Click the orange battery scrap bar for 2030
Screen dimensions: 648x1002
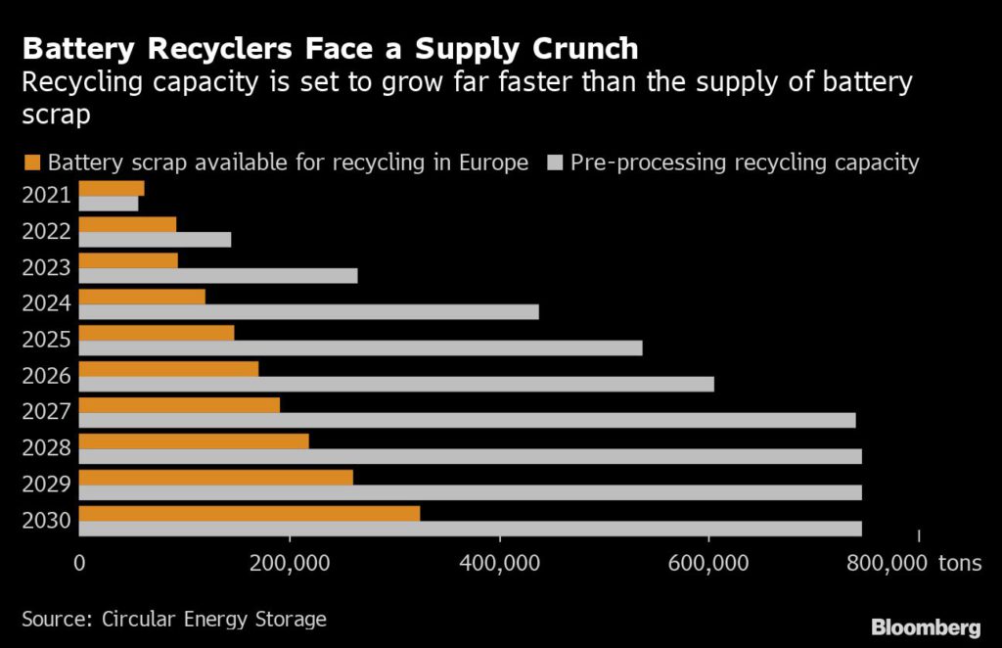249,513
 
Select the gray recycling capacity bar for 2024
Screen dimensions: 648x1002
308,311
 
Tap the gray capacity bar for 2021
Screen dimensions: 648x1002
109,204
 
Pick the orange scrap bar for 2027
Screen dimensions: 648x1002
179,405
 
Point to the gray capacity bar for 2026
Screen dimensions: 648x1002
396,384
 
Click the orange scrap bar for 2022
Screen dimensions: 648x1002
127,224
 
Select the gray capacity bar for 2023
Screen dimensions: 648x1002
218,276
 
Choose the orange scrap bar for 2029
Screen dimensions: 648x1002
215,477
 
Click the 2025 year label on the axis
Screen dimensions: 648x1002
46,340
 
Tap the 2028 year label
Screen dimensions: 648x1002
46,448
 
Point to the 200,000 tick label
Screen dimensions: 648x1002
290,564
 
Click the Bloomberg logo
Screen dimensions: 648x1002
926,625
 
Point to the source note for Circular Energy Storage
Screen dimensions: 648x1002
174,619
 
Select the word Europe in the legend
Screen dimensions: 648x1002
493,162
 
